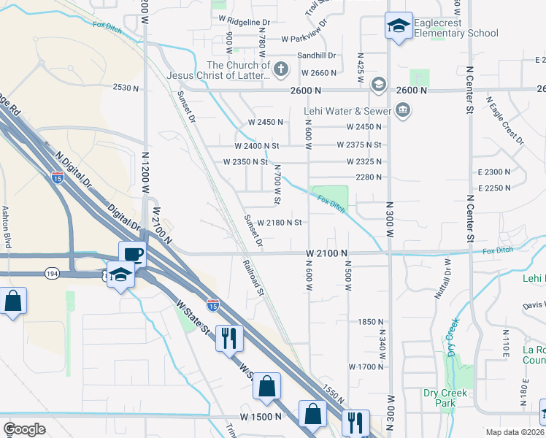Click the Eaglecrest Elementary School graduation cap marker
tap(399, 27)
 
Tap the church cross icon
tap(282, 71)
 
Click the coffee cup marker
tap(133, 254)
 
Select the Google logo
tap(24, 429)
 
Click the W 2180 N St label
tap(280, 222)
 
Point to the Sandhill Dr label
tap(316, 55)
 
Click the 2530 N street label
tap(126, 88)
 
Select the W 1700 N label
tap(366, 366)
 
